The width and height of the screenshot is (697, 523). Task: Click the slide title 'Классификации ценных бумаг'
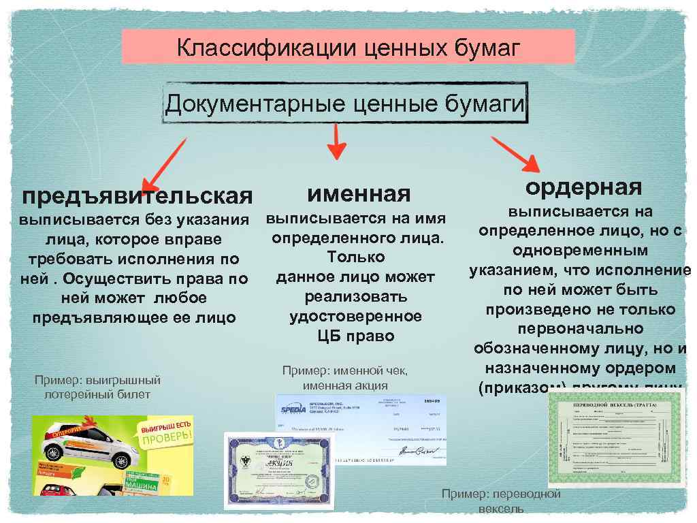pyautogui.click(x=348, y=48)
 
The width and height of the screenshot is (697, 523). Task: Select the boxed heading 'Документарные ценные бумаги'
pyautogui.click(x=346, y=104)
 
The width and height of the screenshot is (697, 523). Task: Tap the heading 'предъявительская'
pyautogui.click(x=137, y=197)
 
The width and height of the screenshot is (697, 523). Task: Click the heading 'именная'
pyautogui.click(x=359, y=194)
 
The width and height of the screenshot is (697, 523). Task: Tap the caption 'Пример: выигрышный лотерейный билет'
pyautogui.click(x=97, y=387)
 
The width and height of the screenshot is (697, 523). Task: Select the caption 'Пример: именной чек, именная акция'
pyautogui.click(x=345, y=377)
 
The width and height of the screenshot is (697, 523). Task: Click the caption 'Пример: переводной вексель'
pyautogui.click(x=501, y=501)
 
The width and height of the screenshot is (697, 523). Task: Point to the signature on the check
pyautogui.click(x=415, y=451)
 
